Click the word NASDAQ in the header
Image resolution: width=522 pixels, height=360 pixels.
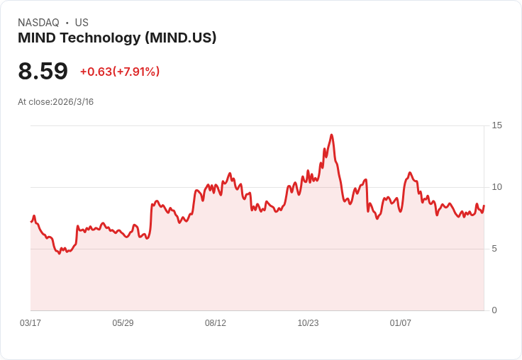tap(38, 23)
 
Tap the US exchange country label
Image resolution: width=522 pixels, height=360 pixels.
tap(82, 23)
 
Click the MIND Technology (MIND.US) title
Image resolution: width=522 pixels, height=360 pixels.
tap(117, 38)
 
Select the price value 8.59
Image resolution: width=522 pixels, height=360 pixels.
tap(43, 72)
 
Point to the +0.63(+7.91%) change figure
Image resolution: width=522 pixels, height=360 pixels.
tap(120, 72)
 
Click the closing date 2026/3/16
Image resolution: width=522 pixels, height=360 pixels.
tap(73, 102)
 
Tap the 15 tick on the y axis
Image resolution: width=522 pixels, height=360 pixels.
tap(496, 125)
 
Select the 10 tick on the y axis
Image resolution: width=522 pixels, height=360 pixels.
tap(496, 187)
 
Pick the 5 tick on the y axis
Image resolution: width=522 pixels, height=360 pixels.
tap(494, 249)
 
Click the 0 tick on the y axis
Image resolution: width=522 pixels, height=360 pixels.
tap(494, 310)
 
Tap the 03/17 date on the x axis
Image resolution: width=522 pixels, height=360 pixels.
tap(30, 323)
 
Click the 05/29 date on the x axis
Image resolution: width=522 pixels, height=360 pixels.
tap(123, 323)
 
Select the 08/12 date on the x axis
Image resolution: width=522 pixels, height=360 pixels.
tap(216, 323)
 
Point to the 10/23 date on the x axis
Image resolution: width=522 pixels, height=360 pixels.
tap(308, 323)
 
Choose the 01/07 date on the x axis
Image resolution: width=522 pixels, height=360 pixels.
tap(401, 323)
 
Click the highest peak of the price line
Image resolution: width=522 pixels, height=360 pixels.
tap(331, 135)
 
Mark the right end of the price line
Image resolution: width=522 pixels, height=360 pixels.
tap(484, 206)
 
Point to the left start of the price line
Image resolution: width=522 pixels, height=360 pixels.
tap(31, 222)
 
